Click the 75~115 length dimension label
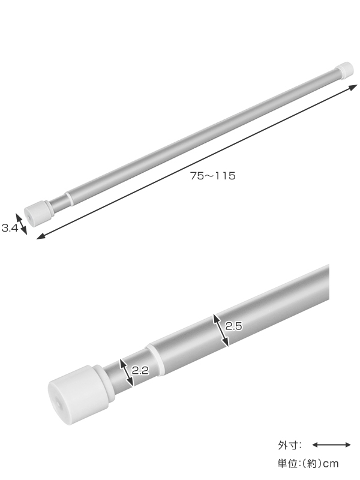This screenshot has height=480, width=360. [213, 176]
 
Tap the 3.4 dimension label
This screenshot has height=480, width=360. [10, 228]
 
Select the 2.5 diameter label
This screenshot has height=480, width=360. [233, 326]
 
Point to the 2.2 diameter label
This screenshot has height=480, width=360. [140, 371]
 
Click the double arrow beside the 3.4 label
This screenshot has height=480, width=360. [22, 224]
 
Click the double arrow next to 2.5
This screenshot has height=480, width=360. [221, 331]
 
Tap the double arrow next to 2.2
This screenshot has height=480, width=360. [126, 373]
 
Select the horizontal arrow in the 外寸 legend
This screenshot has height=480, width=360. [331, 445]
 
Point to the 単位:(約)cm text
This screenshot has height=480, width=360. [308, 464]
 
